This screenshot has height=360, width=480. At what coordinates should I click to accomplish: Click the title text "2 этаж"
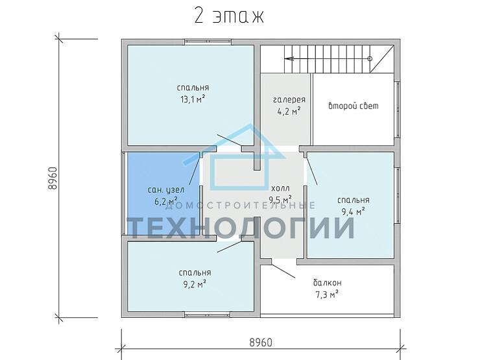click(229, 16)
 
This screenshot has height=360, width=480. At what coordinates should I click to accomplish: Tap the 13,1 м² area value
click(193, 99)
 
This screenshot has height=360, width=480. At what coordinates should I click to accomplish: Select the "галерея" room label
click(289, 100)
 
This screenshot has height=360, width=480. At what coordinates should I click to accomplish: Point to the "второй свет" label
click(354, 106)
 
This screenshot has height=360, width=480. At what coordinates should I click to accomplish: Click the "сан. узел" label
click(166, 190)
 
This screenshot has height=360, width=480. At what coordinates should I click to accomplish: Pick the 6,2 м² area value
click(166, 202)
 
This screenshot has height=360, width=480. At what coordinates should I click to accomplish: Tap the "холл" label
click(280, 187)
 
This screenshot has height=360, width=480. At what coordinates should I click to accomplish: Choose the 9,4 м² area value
click(353, 211)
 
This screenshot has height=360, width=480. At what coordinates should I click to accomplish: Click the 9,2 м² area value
click(195, 284)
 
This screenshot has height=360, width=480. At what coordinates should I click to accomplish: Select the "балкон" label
click(328, 282)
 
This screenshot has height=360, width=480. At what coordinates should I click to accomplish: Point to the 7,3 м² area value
click(327, 294)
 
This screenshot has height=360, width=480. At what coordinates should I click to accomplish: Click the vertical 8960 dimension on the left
click(53, 178)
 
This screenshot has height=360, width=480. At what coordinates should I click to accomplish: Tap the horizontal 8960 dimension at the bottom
click(261, 342)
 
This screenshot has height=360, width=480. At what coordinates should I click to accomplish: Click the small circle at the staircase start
click(370, 58)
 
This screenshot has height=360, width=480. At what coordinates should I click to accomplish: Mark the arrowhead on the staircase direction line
click(289, 58)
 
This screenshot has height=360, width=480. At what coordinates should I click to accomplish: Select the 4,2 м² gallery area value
click(289, 111)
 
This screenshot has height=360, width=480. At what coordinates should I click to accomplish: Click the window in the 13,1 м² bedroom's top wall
click(208, 43)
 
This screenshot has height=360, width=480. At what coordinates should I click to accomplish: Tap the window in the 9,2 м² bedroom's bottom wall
click(207, 315)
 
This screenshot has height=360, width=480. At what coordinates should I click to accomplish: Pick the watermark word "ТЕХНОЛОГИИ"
click(241, 228)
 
